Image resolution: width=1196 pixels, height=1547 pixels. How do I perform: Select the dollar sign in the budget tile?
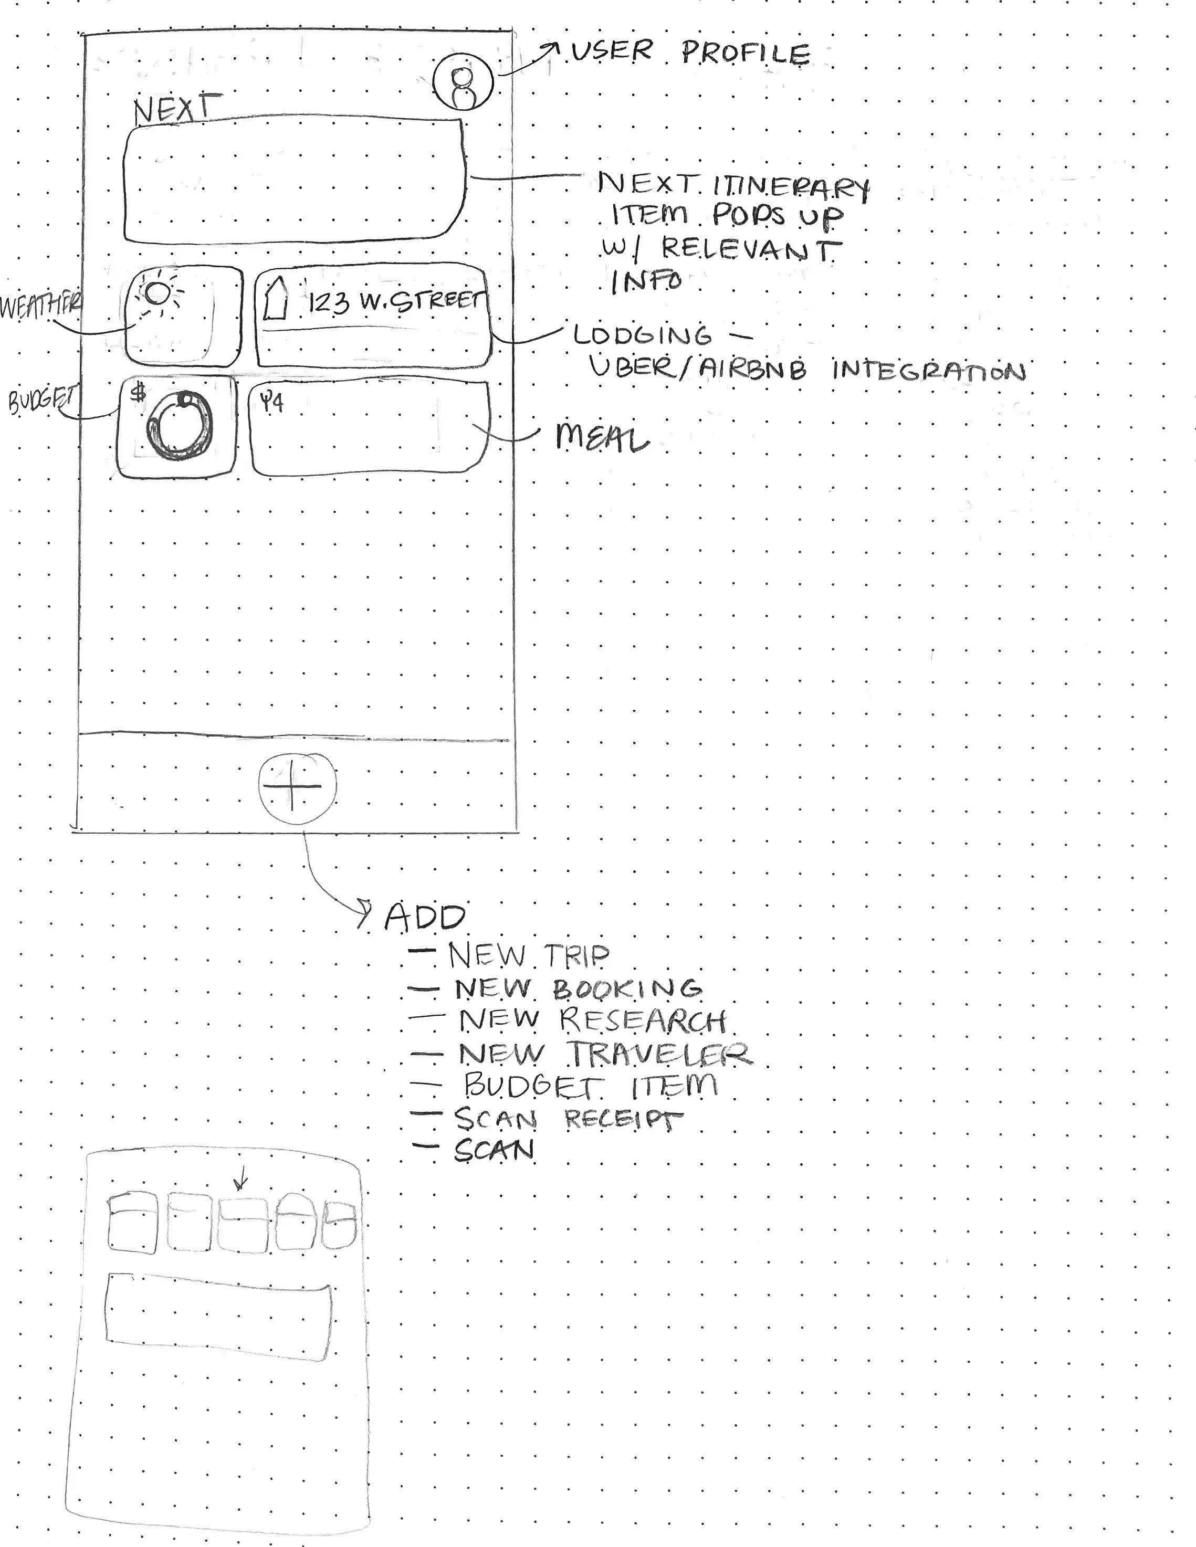coord(139,393)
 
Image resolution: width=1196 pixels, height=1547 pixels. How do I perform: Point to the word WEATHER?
coord(41,308)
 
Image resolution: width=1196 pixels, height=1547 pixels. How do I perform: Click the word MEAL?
coord(602,438)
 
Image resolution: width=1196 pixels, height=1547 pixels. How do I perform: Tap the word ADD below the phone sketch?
coord(424,918)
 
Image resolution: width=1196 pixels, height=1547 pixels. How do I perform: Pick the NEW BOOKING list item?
coord(578,989)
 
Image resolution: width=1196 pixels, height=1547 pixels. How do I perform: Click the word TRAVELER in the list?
coord(659,1054)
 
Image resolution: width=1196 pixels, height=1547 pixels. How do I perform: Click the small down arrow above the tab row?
coord(241,1182)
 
